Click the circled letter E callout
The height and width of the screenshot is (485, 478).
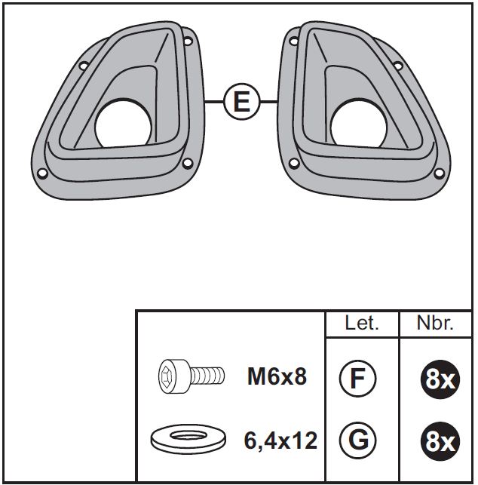tap(242, 102)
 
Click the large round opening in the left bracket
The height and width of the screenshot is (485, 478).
tap(123, 124)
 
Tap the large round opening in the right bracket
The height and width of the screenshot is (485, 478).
tap(358, 124)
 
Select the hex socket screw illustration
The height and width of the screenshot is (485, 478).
tap(192, 376)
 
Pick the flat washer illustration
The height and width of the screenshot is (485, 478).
tap(188, 439)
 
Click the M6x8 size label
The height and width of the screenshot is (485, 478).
tap(277, 376)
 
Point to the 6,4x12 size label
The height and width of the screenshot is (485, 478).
tap(280, 440)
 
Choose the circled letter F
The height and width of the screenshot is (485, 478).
tap(357, 379)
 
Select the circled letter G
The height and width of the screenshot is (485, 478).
tap(357, 440)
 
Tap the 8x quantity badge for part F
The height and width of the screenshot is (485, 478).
tap(440, 379)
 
